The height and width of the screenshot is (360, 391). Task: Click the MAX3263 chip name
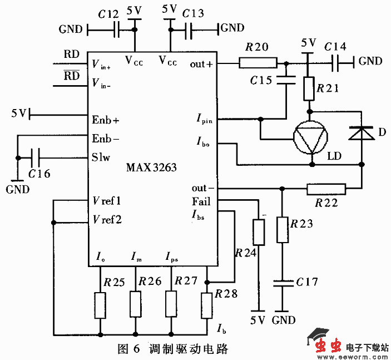[151, 167]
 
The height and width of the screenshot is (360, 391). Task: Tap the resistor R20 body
[258, 63]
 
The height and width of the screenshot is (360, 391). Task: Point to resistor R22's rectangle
[326, 190]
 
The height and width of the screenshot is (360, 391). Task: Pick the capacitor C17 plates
[283, 283]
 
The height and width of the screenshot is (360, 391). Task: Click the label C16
[39, 174]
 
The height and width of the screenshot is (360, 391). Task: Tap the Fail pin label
[201, 201]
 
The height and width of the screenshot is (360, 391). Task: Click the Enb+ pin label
[106, 120]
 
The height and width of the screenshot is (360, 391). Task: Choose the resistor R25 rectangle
[100, 305]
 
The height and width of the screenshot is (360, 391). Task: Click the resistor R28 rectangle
[206, 305]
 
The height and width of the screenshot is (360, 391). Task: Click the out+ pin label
[201, 63]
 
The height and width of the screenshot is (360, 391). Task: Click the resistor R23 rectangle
[283, 230]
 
